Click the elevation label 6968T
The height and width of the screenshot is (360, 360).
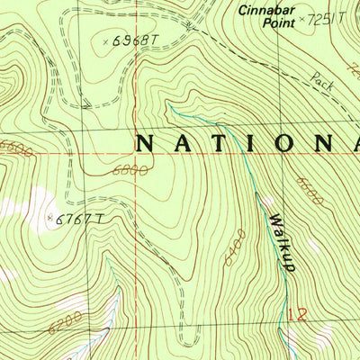pos(136,40)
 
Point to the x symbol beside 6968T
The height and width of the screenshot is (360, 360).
pos(106,41)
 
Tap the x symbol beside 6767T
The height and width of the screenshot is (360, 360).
pos(51,217)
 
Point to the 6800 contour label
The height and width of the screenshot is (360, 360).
pos(130,169)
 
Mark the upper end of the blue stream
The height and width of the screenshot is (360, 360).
pos(167,105)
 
